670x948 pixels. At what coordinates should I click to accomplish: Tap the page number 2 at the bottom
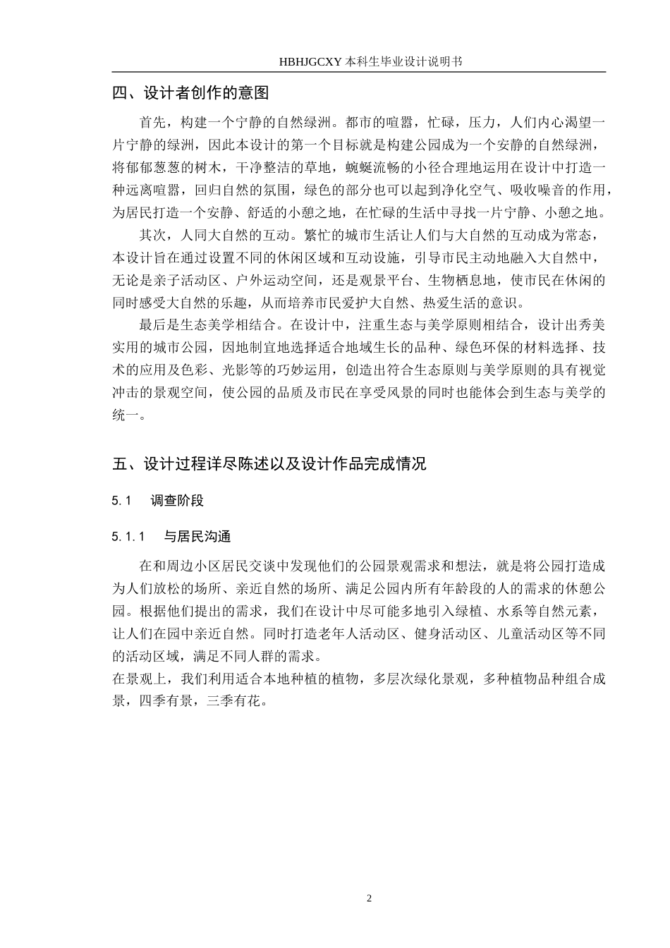(369, 898)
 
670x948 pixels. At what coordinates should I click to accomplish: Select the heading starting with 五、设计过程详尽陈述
(269, 464)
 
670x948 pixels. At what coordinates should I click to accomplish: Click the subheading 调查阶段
(177, 501)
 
